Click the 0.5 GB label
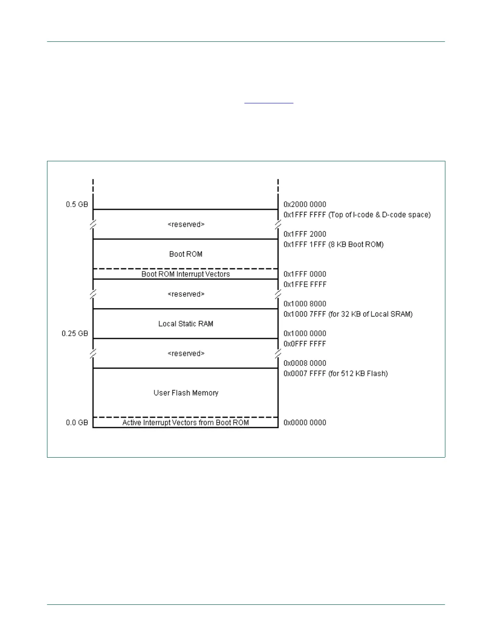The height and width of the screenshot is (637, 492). [x=77, y=204]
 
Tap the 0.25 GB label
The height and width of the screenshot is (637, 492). [x=75, y=333]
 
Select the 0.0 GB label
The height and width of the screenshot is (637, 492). [x=77, y=423]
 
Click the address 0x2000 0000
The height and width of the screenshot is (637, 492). [x=305, y=204]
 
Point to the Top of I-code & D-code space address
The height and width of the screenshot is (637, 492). [x=357, y=215]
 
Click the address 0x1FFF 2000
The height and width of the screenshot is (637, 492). [x=305, y=234]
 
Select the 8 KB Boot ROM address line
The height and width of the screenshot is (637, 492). [x=333, y=245]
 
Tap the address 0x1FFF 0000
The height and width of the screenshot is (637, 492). [x=305, y=274]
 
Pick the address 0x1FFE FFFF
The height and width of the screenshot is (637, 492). [x=305, y=285]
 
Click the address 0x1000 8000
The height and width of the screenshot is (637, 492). [x=305, y=304]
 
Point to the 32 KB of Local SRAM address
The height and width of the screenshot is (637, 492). [x=348, y=314]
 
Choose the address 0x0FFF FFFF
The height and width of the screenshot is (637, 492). [x=305, y=344]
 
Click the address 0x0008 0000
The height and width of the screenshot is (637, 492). [x=305, y=363]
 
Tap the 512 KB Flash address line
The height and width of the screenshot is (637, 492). [x=335, y=374]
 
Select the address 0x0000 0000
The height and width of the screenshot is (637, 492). [x=305, y=423]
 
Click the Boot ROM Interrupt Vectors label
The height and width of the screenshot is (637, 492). [x=185, y=274]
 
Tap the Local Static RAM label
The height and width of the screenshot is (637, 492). [x=185, y=324]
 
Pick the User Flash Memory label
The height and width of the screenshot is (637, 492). [x=186, y=393]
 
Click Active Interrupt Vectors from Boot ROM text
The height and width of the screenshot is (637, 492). [x=185, y=423]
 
